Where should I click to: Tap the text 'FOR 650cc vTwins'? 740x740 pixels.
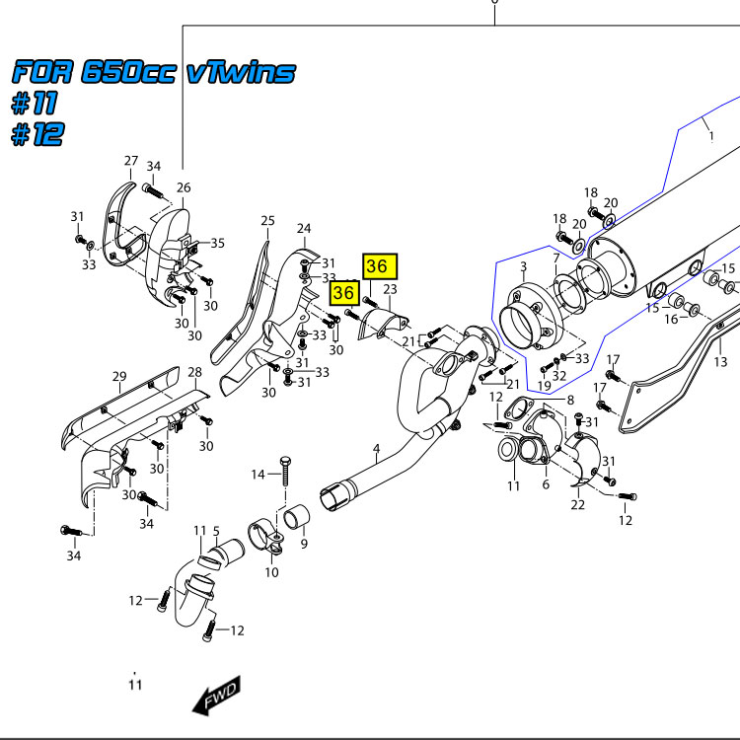pos(153,72)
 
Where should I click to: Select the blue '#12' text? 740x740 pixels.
pos(37,135)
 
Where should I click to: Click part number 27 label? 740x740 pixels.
pos(131,161)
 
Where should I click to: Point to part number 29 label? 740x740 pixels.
pos(119,376)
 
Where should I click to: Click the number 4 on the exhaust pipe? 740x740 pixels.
pos(376,450)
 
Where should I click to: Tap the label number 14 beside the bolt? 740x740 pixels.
pos(258,475)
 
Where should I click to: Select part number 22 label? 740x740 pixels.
pos(577,505)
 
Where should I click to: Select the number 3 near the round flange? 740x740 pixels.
pos(524,267)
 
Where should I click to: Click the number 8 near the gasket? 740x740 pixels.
pos(570,399)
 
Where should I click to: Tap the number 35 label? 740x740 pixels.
pos(217,243)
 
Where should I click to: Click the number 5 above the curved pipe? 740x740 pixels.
pos(216,534)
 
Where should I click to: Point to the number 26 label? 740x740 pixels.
pos(184,187)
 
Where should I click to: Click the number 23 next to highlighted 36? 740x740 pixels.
pos(390,289)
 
